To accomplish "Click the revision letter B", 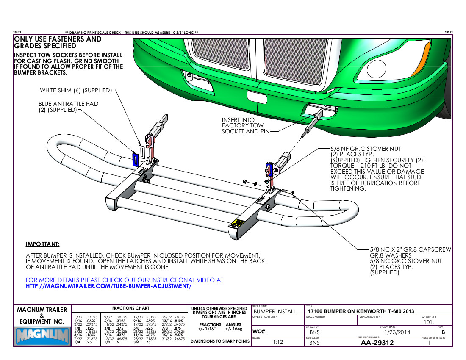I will point(443,332).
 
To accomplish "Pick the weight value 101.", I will point(430,322).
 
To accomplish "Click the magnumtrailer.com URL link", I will point(109,286).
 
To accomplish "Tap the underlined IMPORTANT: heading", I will point(43,244).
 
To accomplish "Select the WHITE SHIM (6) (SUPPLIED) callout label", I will point(76,90).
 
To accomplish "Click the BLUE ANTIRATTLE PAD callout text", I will point(68,104).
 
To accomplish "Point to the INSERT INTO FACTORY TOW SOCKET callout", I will point(243,126).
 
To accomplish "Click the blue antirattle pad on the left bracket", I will point(135,160).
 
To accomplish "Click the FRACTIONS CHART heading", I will point(130,308).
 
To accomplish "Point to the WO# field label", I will point(258,331).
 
